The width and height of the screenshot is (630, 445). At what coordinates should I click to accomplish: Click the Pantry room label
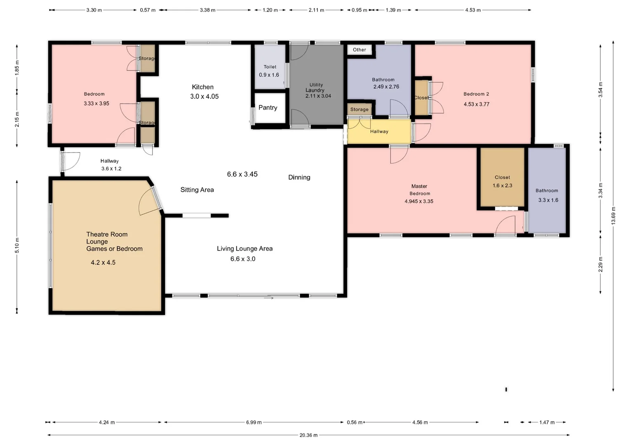[x=268, y=108]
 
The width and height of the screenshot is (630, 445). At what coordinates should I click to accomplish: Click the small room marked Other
[x=359, y=50]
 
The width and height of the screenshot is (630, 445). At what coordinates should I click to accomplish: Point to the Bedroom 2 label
[x=476, y=94]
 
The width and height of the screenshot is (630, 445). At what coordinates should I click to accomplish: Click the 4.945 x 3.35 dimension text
[x=419, y=201]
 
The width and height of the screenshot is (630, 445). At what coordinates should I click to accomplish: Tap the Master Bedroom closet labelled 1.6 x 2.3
[x=502, y=182]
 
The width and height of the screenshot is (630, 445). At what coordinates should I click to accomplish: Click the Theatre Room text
[x=107, y=234]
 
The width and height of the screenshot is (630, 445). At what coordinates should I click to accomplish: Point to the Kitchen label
[x=202, y=87]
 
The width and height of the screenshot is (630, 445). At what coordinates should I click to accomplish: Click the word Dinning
[x=299, y=178]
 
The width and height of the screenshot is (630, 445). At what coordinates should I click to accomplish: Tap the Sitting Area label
[x=197, y=190]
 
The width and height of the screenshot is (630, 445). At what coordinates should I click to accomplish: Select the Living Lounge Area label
[x=244, y=248]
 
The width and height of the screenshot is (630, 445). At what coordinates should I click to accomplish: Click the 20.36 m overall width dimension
[x=308, y=435]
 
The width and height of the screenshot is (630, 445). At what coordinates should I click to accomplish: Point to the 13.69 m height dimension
[x=614, y=216]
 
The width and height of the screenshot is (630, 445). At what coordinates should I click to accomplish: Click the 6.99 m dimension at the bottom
[x=254, y=422]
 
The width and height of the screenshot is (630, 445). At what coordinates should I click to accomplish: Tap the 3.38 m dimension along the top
[x=207, y=10]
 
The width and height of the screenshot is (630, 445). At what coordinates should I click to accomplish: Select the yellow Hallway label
[x=379, y=131]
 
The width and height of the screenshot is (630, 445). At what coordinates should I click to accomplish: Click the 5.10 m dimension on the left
[x=17, y=246]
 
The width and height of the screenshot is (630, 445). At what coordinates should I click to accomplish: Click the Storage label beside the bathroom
[x=359, y=110]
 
